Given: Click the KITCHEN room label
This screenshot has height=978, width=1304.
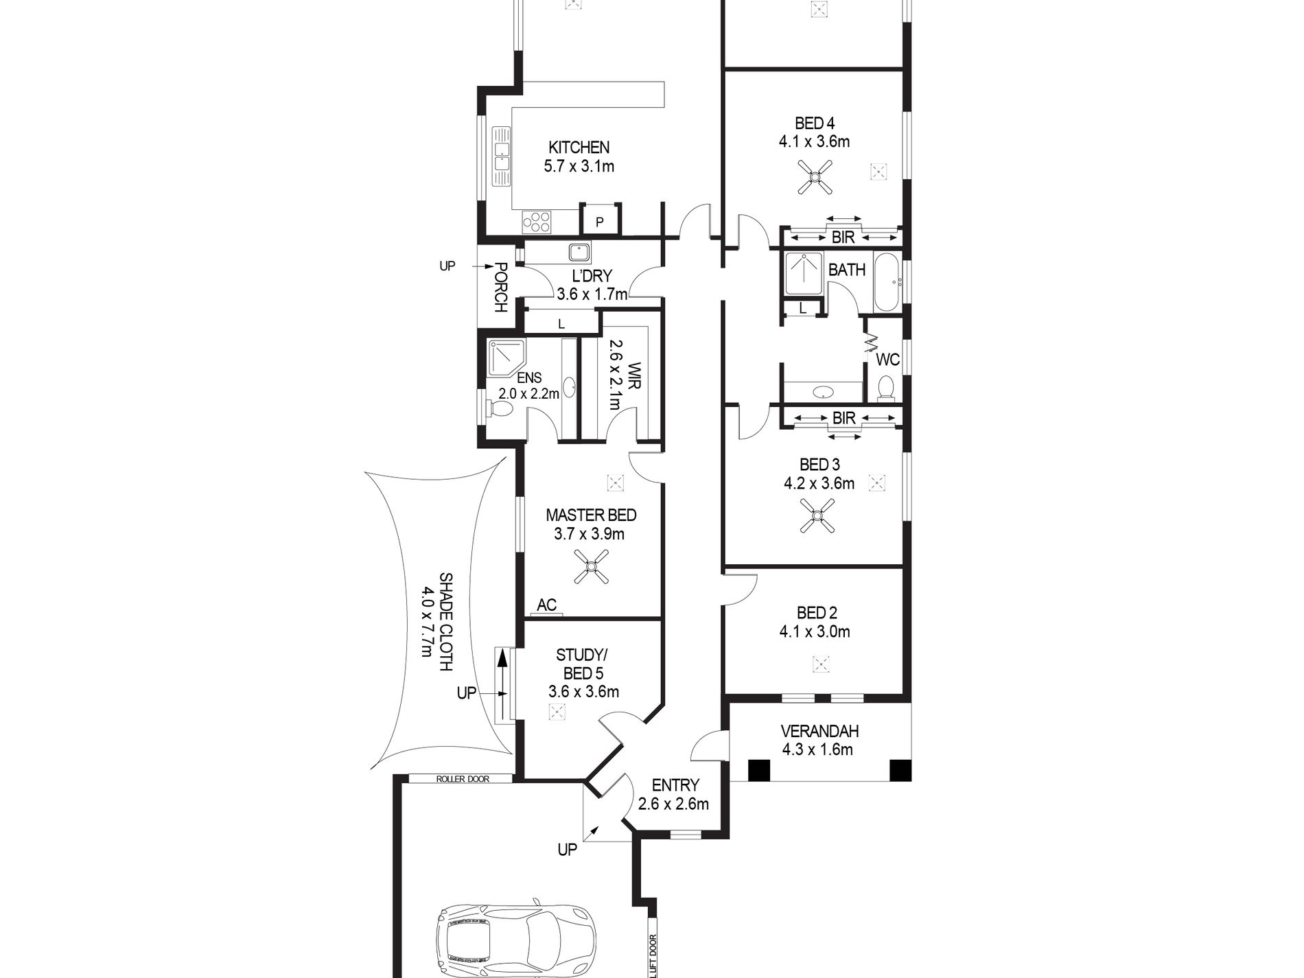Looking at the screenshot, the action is pyautogui.click(x=579, y=147).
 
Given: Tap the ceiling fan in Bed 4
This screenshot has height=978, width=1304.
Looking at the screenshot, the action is pyautogui.click(x=815, y=177).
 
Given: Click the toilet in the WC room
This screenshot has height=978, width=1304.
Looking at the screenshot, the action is pyautogui.click(x=885, y=388).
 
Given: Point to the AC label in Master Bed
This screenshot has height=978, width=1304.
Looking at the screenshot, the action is pyautogui.click(x=546, y=605).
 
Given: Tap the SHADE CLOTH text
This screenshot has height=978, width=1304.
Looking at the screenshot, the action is pyautogui.click(x=445, y=622).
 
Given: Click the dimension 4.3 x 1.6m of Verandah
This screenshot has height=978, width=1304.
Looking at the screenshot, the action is pyautogui.click(x=817, y=749).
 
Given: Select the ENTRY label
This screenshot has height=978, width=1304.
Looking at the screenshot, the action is pyautogui.click(x=675, y=784).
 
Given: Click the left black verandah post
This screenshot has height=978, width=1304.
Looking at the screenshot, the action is pyautogui.click(x=758, y=770).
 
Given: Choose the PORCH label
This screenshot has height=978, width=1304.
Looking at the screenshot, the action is pyautogui.click(x=501, y=288).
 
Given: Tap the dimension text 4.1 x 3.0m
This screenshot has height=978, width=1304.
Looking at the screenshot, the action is pyautogui.click(x=815, y=631).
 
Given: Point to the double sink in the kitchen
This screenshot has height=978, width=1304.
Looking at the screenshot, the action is pyautogui.click(x=500, y=157).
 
